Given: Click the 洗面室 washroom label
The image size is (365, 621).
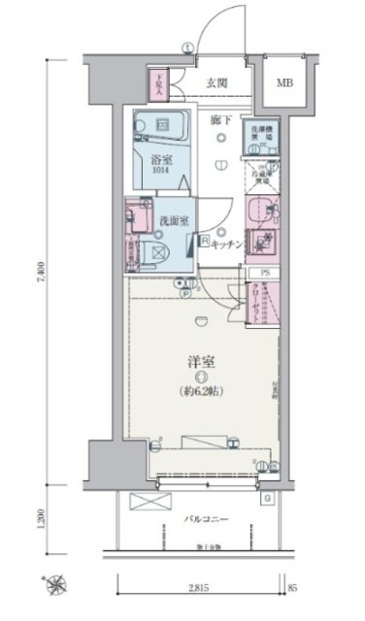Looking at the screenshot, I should point(174,221).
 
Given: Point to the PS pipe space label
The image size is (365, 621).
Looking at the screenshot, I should point(264,275).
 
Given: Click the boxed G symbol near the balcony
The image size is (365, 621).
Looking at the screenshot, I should point(267,498).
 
